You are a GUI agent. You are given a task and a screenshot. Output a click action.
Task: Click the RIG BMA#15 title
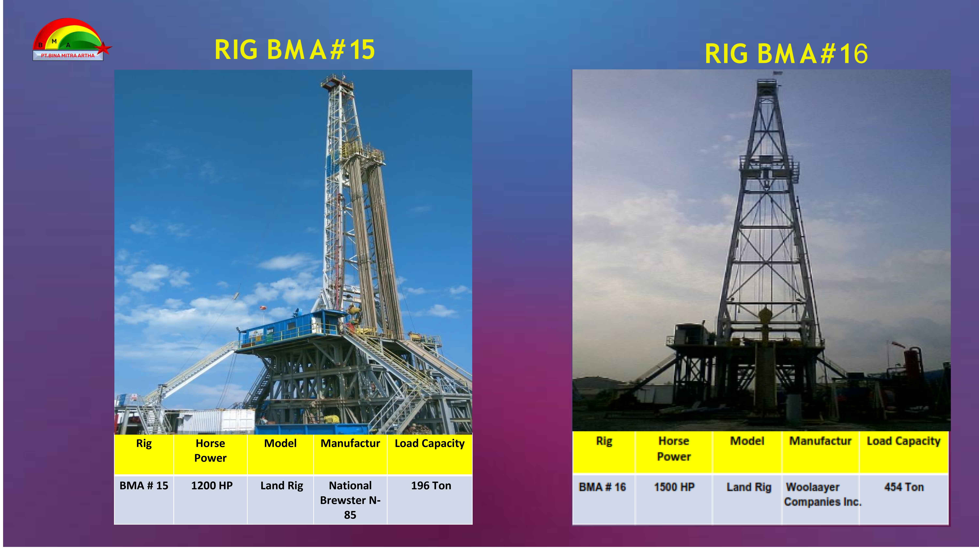point(295,50)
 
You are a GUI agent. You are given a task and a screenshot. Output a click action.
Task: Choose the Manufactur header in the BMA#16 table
point(820,441)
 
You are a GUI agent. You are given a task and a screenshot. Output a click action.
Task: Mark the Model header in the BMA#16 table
point(747,441)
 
